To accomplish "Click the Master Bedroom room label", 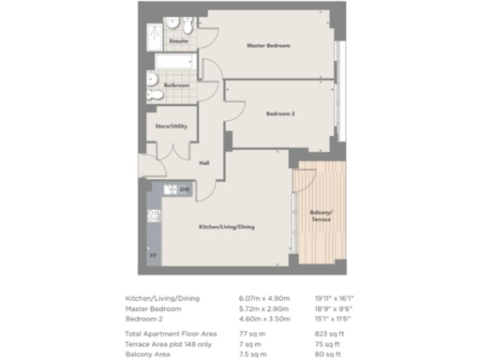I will click(268, 46).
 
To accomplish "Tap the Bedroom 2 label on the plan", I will click(279, 114).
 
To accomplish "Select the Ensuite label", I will click(177, 42).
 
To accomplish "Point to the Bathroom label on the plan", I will click(176, 85).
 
